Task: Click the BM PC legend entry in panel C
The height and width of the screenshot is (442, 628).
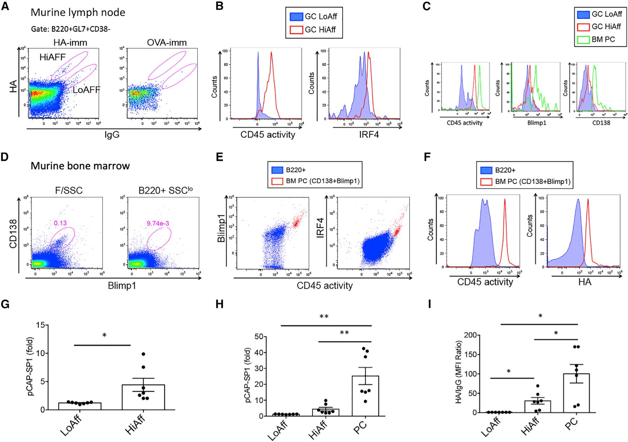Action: click(x=602, y=39)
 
